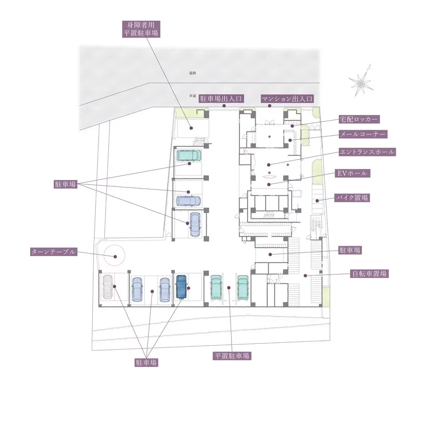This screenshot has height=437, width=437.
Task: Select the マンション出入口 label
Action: tap(287, 98)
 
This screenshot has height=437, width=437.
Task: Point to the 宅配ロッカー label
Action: tap(358, 119)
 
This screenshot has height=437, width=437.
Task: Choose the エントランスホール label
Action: tap(367, 151)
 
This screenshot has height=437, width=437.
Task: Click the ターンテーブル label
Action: tap(53, 252)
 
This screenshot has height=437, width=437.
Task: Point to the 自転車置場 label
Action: tap(369, 274)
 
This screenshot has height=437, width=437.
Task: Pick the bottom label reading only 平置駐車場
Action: tap(232, 356)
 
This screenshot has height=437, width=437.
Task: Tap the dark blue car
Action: tap(181, 287)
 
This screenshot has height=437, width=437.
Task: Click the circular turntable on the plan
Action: tap(114, 257)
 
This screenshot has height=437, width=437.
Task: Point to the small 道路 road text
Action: tap(192, 73)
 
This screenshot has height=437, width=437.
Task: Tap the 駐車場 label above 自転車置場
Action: tap(350, 250)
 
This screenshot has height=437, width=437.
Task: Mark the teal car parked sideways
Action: tap(189, 156)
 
